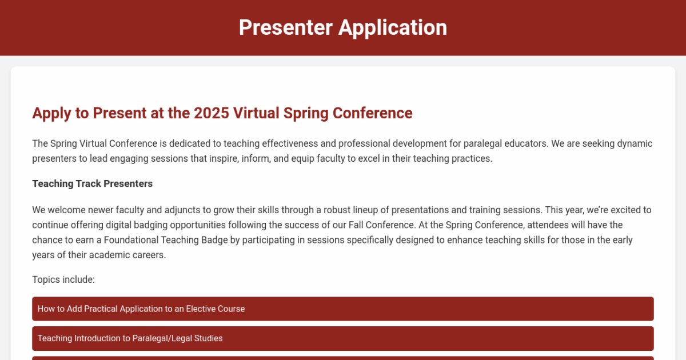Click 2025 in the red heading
[212, 113]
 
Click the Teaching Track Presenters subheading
[92, 183]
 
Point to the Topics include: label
[63, 279]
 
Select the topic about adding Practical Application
[141, 309]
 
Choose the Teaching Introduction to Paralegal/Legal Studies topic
[130, 338]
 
